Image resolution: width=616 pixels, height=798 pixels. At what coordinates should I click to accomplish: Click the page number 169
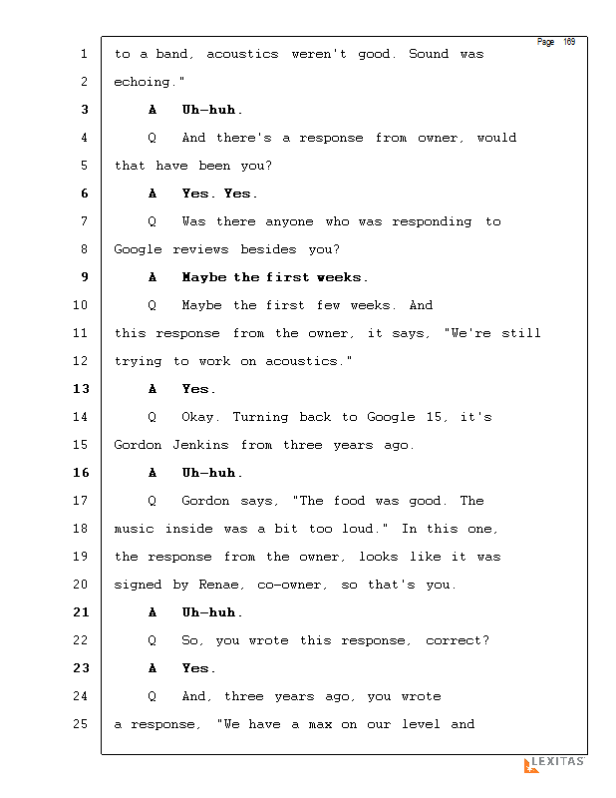point(569,42)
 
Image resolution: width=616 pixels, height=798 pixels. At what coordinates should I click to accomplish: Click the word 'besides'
point(270,249)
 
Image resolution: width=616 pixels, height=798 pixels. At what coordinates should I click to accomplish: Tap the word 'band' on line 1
point(172,54)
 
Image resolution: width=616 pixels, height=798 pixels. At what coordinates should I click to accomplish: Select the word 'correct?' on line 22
point(459,640)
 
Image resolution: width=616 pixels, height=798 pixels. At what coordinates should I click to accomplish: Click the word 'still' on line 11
point(521,333)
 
